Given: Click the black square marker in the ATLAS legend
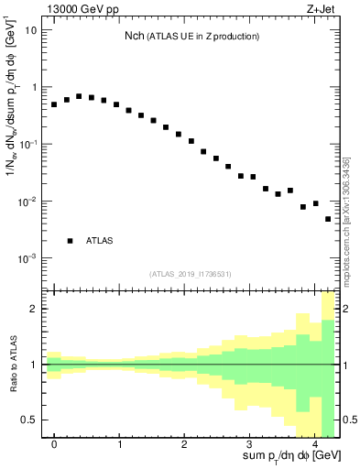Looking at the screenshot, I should pyautogui.click(x=70, y=241).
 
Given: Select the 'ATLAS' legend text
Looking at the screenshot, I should pyautogui.click(x=100, y=241).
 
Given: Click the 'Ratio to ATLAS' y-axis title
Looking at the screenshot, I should pyautogui.click(x=13, y=364).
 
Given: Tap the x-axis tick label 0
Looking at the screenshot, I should pyautogui.click(x=54, y=444).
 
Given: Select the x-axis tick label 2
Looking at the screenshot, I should pyautogui.click(x=184, y=444).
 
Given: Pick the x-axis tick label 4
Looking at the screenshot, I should pyautogui.click(x=314, y=444).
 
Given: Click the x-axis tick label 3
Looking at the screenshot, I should pyautogui.click(x=249, y=444).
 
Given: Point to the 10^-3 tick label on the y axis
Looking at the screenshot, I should pyautogui.click(x=27, y=258).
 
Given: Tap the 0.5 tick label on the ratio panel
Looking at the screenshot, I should pyautogui.click(x=29, y=420).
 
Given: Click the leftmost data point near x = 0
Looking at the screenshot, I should pyautogui.click(x=54, y=104).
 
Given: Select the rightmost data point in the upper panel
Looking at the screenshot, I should pyautogui.click(x=328, y=219).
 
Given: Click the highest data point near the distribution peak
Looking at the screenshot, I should pyautogui.click(x=79, y=96).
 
